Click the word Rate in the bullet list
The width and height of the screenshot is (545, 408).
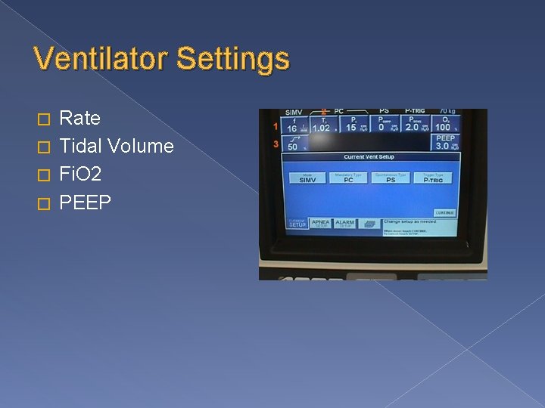pos(79,119)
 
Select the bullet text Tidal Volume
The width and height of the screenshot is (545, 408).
pos(116,146)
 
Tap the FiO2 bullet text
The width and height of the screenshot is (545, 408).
pos(80,174)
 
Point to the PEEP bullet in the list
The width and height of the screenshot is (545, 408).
pos(85,202)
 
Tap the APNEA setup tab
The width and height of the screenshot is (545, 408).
pos(320,224)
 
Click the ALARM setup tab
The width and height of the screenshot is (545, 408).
pos(344,224)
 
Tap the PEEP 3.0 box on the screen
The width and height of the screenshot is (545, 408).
pos(445,142)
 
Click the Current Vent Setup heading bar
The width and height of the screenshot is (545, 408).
pos(369,157)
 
